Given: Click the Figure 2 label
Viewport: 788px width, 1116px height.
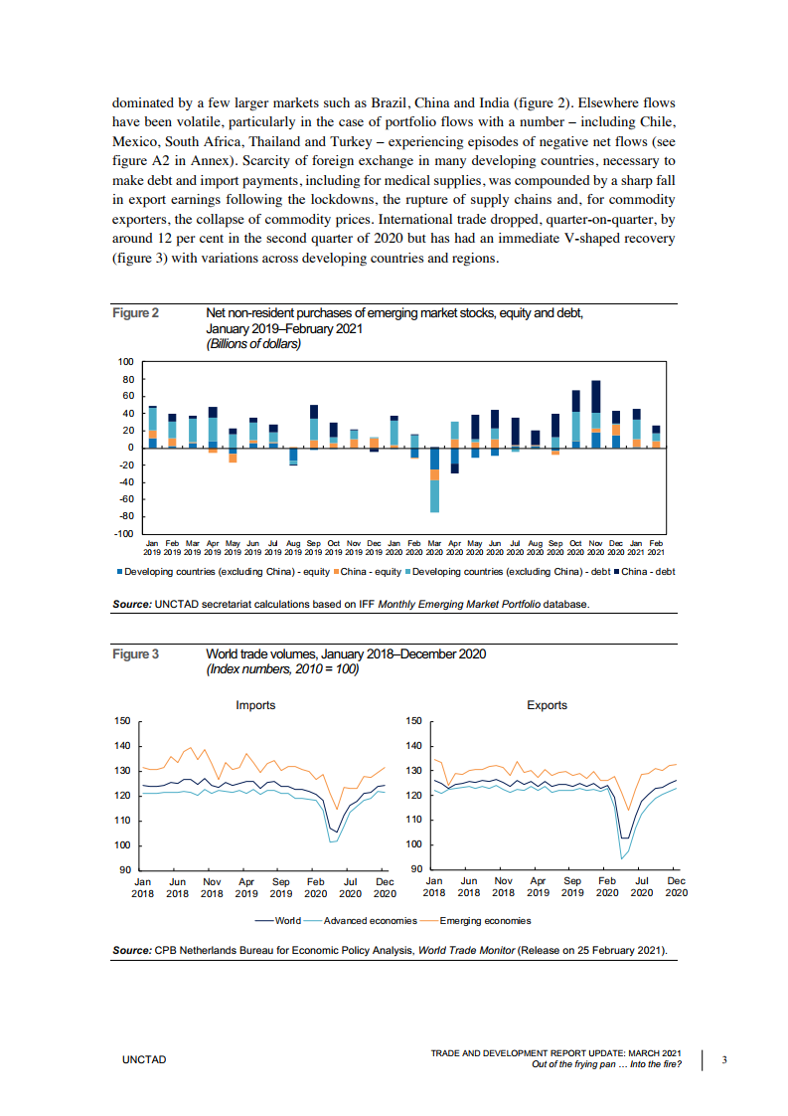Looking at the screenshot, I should [135, 313].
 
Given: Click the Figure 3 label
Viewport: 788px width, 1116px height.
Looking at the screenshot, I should [135, 653].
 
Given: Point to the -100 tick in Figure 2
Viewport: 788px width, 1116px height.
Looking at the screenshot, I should [125, 534].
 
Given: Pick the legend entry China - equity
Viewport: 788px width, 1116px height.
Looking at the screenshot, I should [370, 571].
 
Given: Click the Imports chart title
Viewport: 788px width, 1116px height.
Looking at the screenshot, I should [255, 705].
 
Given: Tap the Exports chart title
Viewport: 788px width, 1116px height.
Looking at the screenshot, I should [547, 705].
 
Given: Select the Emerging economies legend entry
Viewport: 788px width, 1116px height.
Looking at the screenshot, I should [485, 921].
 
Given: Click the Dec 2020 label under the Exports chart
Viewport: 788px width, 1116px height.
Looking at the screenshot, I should [676, 887].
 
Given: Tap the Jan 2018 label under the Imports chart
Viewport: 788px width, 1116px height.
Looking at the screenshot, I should [143, 887].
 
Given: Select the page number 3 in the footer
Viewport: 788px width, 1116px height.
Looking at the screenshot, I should [724, 1059].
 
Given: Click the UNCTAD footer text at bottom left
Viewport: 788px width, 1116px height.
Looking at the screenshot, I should [144, 1060].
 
